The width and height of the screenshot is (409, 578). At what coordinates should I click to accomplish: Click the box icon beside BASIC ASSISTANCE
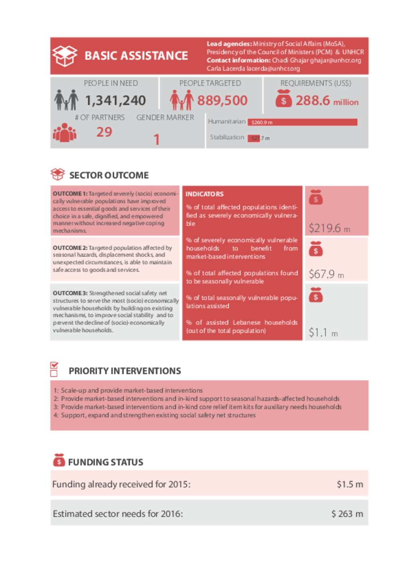click(65, 55)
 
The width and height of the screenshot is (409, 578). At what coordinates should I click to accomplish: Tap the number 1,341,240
click(115, 101)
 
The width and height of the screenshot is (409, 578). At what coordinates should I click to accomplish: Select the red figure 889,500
click(222, 101)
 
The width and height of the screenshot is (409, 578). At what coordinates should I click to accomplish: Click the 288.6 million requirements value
click(326, 101)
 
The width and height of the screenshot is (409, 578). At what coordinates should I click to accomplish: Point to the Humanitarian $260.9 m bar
click(302, 122)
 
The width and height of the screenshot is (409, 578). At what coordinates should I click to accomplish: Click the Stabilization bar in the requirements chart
click(254, 138)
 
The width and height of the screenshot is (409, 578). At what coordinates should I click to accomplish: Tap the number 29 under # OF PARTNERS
click(104, 132)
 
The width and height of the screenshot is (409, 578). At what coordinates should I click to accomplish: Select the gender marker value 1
click(157, 140)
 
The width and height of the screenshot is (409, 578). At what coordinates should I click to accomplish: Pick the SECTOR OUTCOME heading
click(109, 175)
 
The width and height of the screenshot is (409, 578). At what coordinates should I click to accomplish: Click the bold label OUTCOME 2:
click(70, 248)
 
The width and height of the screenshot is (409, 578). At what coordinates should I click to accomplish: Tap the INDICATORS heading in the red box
click(204, 194)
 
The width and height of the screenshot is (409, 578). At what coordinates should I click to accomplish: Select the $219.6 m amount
click(329, 228)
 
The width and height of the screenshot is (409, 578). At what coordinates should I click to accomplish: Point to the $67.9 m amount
click(326, 274)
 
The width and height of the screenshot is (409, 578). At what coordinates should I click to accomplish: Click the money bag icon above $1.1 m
click(316, 295)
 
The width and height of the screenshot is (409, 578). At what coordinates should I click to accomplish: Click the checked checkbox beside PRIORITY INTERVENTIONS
click(54, 365)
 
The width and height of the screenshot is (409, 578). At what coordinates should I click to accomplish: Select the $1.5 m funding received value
click(349, 484)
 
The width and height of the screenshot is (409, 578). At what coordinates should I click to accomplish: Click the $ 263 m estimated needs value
click(347, 514)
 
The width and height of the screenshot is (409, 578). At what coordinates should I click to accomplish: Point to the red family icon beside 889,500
click(181, 100)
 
